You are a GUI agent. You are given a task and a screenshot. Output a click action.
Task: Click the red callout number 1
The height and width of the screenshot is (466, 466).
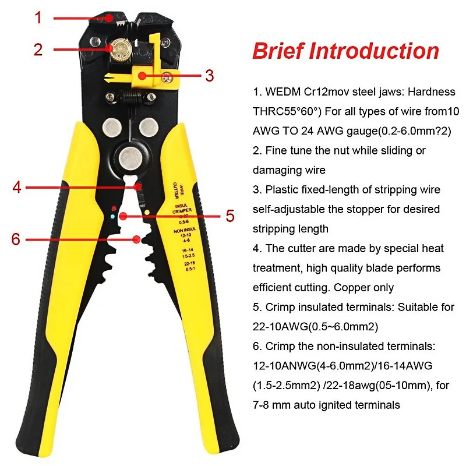click(38, 18)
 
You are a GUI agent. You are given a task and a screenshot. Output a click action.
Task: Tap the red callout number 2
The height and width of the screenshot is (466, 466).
click(38, 50)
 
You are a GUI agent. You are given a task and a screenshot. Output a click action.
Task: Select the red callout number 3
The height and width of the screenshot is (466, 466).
click(209, 76)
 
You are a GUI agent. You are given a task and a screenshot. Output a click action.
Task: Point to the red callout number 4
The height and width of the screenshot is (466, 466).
click(17, 188)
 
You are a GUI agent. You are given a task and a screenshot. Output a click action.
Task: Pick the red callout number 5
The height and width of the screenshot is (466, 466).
click(230, 216)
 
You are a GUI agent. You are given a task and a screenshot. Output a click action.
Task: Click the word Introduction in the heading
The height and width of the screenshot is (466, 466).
click(373, 51)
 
